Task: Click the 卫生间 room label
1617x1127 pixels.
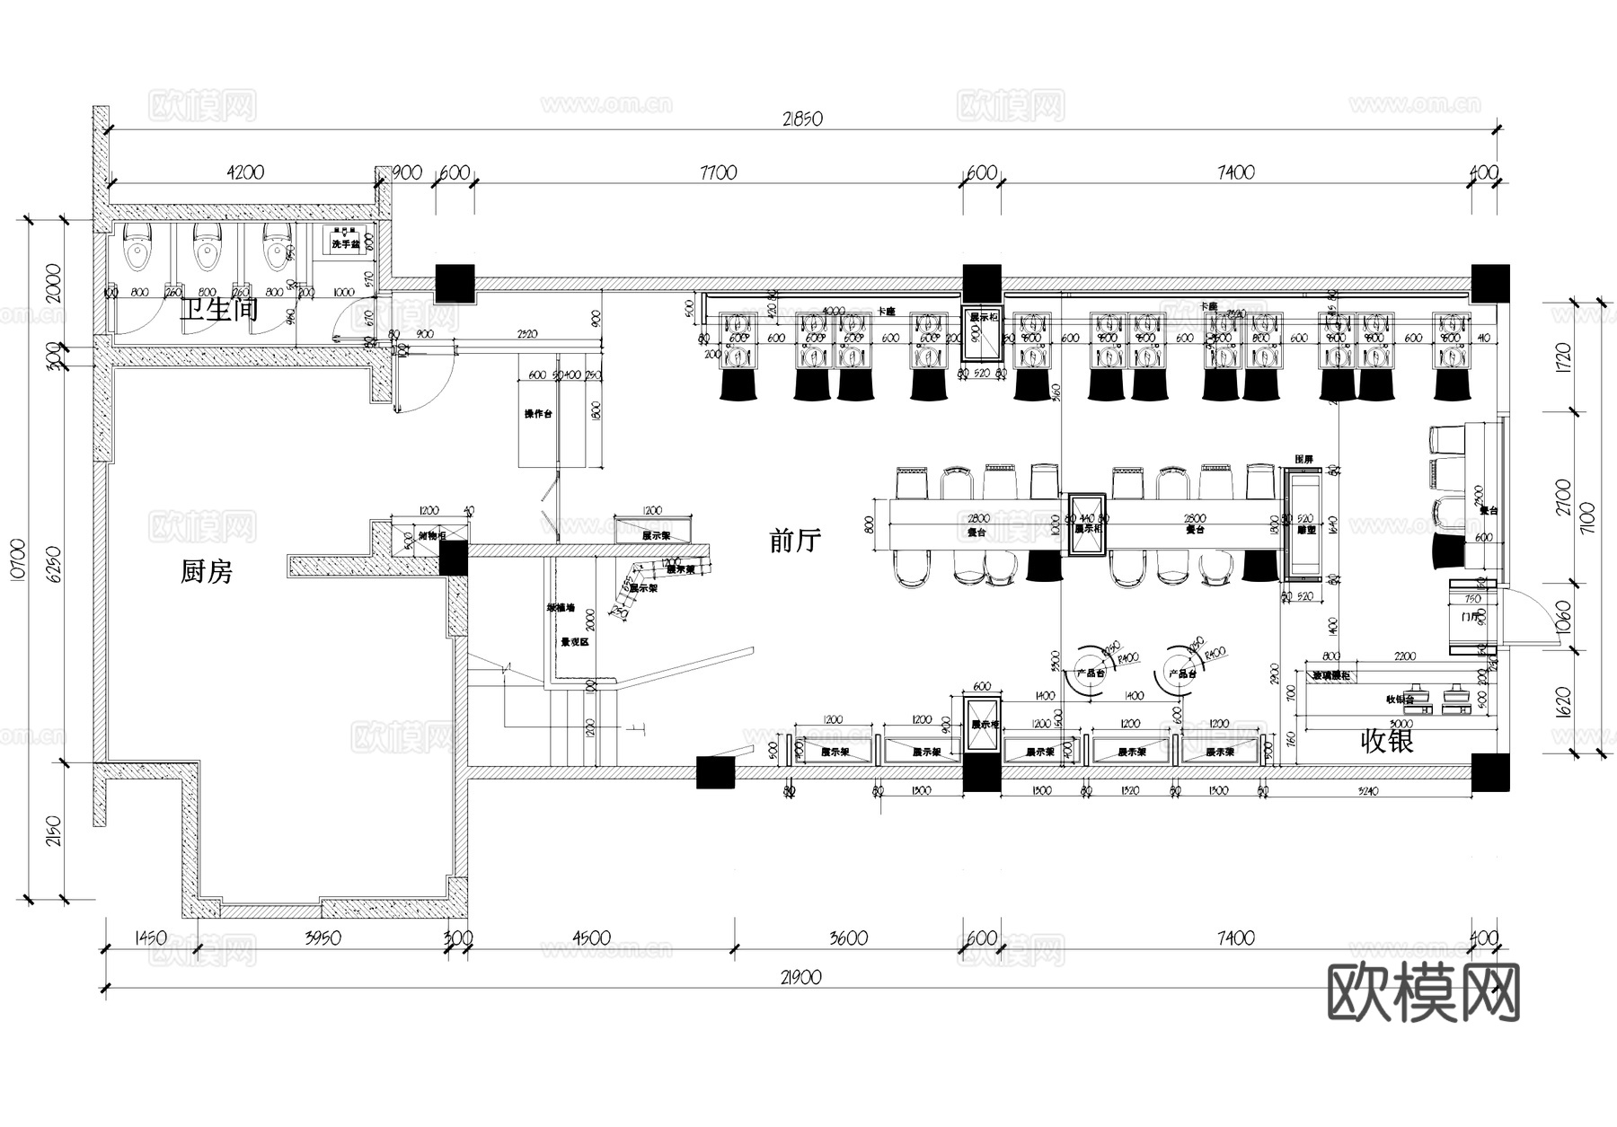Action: click(x=218, y=310)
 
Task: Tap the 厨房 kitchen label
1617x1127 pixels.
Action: click(x=207, y=571)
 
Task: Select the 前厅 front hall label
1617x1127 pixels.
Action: click(x=795, y=541)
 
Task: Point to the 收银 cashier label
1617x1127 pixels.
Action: click(x=1388, y=741)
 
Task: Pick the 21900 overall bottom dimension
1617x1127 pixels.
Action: click(x=801, y=978)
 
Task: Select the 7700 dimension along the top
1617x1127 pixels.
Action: click(x=717, y=172)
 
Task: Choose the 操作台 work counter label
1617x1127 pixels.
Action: click(x=538, y=414)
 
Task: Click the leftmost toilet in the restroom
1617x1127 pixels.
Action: click(x=139, y=246)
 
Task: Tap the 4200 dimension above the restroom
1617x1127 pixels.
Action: click(x=244, y=172)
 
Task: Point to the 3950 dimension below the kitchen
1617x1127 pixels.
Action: click(x=323, y=938)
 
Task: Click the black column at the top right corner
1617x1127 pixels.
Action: click(x=1489, y=283)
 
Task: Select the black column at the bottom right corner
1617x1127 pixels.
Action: click(x=1489, y=772)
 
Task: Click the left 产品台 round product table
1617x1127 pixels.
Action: click(x=1090, y=674)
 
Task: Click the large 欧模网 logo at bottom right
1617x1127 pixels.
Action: click(x=1423, y=992)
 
